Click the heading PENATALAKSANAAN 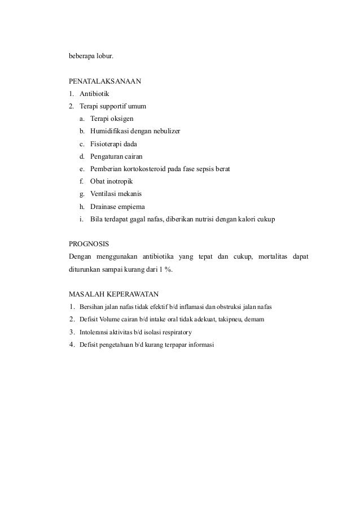(104, 81)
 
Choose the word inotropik (121, 181)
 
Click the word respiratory (175, 332)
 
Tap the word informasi (200, 345)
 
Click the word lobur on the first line (105, 56)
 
